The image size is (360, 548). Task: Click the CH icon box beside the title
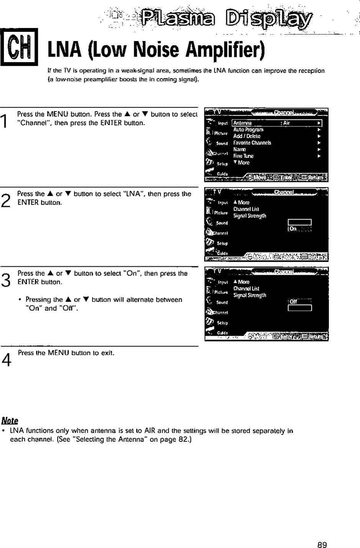pyautogui.click(x=18, y=47)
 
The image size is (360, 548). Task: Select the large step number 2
pyautogui.click(x=5, y=200)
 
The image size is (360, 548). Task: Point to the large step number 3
pyautogui.click(x=5, y=280)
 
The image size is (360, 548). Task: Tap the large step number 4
pyautogui.click(x=5, y=360)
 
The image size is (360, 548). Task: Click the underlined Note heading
pyautogui.click(x=10, y=420)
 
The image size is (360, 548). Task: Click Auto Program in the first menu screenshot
pyautogui.click(x=248, y=130)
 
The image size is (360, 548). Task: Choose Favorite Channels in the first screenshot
pyautogui.click(x=252, y=143)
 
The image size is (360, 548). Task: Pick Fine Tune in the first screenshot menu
pyautogui.click(x=243, y=156)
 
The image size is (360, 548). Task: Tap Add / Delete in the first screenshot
pyautogui.click(x=247, y=136)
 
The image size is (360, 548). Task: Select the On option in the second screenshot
pyautogui.click(x=293, y=229)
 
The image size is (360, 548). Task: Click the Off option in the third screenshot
pyautogui.click(x=294, y=302)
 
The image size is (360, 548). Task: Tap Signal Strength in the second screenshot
pyautogui.click(x=250, y=216)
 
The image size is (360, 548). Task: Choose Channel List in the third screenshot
pyautogui.click(x=246, y=289)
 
